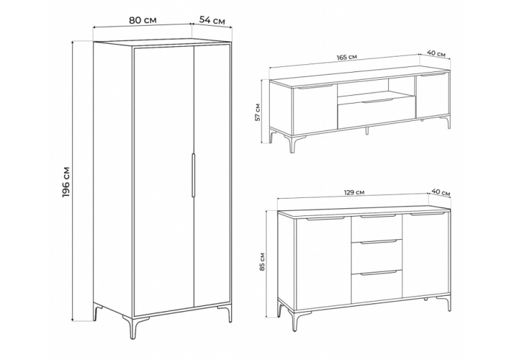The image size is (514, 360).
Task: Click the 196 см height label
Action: coord(66,183)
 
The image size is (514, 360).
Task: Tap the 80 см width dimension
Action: coord(143,20)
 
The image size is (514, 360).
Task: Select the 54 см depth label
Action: coord(213,21)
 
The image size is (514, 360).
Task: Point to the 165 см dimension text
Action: coord(347,57)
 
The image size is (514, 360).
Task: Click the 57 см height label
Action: coord(258,112)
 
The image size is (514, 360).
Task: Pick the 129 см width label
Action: coord(355,192)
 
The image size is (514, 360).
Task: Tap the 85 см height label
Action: coord(263,262)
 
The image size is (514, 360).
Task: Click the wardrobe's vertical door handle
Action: coord(193,175)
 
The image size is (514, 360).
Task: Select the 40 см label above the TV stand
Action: coord(436,53)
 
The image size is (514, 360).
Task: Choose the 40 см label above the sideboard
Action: coord(441,192)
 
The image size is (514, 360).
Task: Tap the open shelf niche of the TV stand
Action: coord(377,87)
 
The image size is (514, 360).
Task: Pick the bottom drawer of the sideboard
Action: coord(377,286)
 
